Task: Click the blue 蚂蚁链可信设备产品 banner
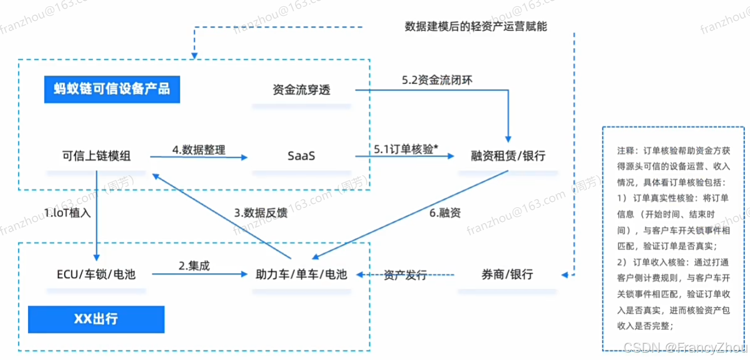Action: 113,89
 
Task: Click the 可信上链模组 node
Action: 96,156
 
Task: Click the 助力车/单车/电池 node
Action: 302,274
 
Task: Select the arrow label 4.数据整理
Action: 199,150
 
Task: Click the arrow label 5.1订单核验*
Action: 406,149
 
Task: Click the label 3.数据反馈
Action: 261,213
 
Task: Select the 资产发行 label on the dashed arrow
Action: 405,275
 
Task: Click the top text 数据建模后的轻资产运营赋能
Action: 476,26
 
